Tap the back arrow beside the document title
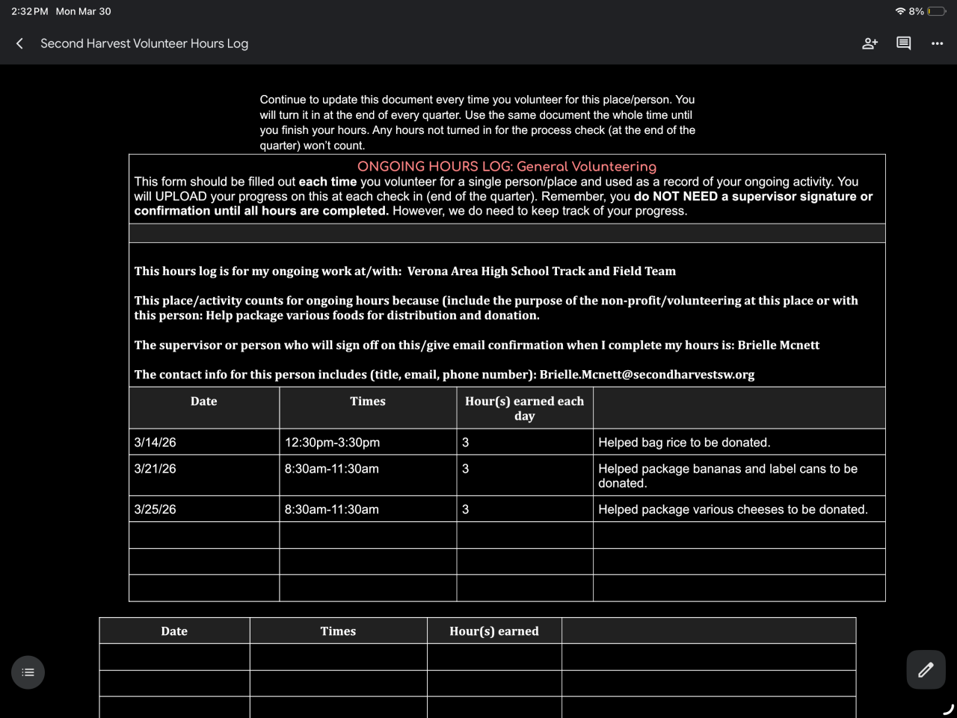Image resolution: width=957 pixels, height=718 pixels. [20, 43]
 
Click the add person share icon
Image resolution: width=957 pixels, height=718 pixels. [870, 43]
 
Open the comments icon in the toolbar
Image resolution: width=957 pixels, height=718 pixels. [903, 43]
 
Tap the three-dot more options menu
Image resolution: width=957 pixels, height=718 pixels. [937, 43]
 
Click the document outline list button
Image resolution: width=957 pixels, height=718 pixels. [28, 672]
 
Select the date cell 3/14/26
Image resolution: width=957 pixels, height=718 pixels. [156, 442]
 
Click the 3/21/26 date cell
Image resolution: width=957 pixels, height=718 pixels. [156, 468]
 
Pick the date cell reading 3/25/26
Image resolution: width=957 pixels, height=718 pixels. [156, 509]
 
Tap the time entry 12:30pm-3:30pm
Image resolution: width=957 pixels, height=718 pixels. [332, 442]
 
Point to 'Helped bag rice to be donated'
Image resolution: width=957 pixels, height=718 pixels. [684, 442]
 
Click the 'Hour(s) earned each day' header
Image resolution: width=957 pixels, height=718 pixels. [524, 408]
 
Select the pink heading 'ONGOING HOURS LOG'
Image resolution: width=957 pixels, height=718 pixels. [507, 167]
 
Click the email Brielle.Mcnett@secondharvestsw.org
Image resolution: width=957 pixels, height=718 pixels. [647, 374]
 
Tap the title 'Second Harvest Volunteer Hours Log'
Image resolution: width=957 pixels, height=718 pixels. [144, 43]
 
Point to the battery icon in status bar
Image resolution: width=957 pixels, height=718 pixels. [936, 11]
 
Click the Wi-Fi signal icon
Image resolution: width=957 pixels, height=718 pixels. [900, 11]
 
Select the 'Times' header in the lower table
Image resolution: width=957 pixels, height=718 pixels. [338, 631]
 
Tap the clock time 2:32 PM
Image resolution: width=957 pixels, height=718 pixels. [30, 11]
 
